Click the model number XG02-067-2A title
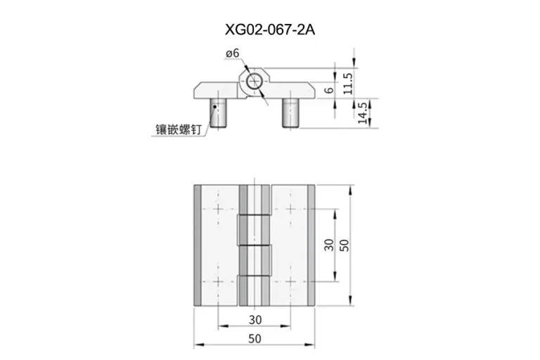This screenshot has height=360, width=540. click(x=270, y=30)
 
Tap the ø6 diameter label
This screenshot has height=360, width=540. click(x=233, y=53)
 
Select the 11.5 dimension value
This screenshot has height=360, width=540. click(x=348, y=84)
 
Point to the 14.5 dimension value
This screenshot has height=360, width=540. click(x=362, y=113)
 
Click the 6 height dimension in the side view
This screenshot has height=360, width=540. click(x=330, y=90)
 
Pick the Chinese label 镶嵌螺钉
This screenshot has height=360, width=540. click(x=178, y=130)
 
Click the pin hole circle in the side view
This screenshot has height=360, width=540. click(x=254, y=82)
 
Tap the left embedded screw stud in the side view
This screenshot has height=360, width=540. click(x=218, y=113)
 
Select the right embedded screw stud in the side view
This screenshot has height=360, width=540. click(x=290, y=113)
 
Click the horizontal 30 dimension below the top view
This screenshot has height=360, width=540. click(x=255, y=320)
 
